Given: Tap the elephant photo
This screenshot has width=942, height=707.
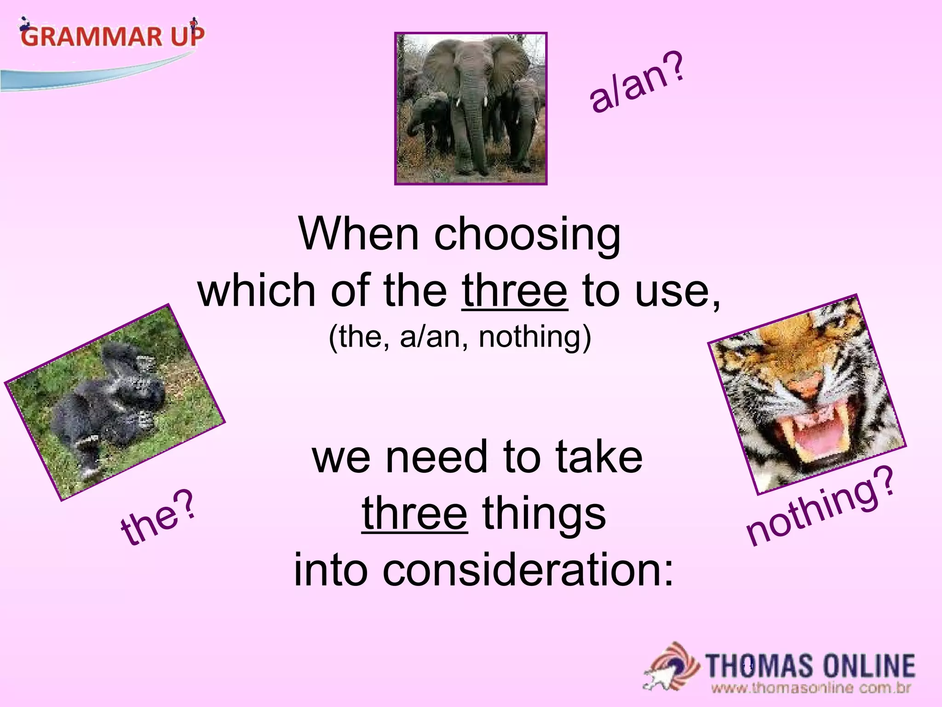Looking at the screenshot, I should (x=471, y=109).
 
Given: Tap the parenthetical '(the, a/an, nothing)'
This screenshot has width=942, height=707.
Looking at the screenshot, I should (x=460, y=337).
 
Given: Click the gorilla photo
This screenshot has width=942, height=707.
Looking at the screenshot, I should (x=115, y=402).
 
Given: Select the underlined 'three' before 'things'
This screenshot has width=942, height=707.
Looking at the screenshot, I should (x=414, y=514).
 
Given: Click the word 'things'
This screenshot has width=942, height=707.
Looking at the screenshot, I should (x=544, y=515).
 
